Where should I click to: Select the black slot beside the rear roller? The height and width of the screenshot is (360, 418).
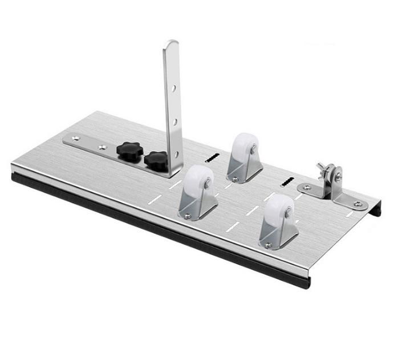pyautogui.click(x=212, y=157)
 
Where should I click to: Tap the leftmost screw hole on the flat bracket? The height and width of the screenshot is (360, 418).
pyautogui.click(x=73, y=137)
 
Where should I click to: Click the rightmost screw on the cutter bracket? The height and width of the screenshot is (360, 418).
pyautogui.click(x=357, y=204)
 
